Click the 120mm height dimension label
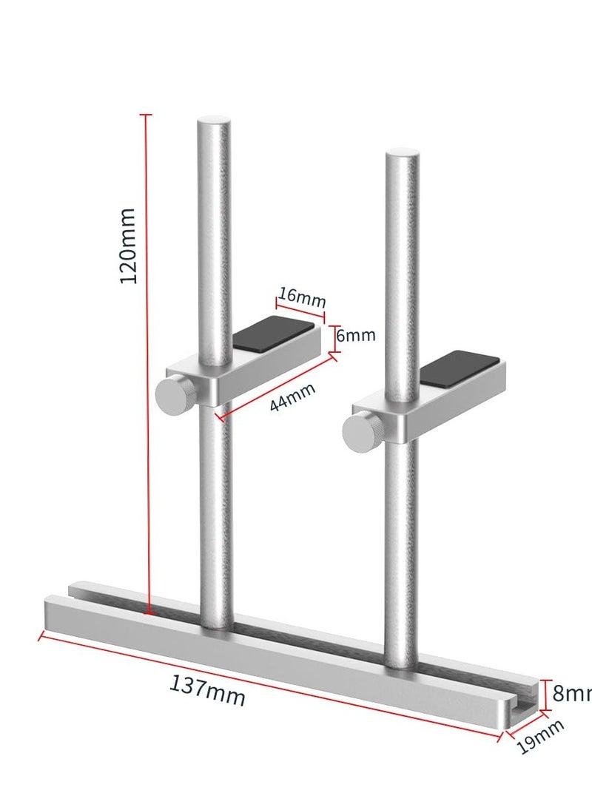point(128,246)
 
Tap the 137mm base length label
point(207,691)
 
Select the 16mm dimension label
point(302,297)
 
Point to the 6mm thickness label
point(356,335)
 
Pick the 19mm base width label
point(540,737)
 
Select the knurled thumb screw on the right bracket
point(362,430)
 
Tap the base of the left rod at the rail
point(216,623)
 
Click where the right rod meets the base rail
point(402,663)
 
